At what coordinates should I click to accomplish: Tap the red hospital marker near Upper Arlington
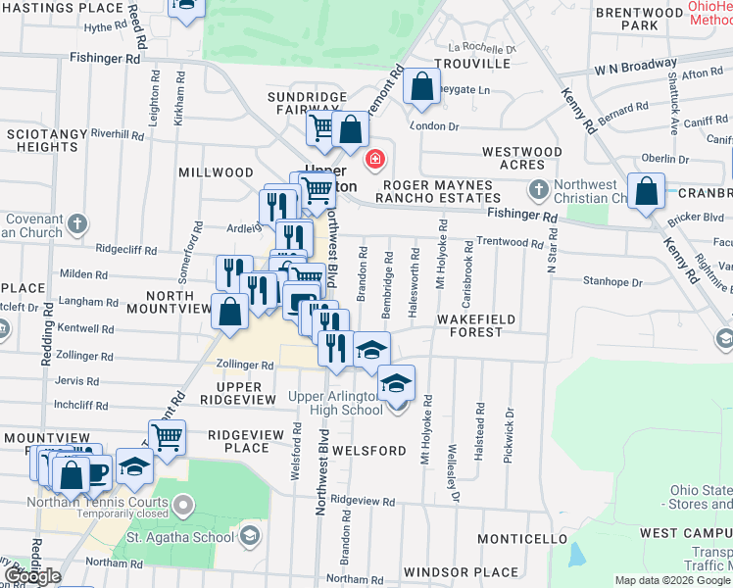point(373,159)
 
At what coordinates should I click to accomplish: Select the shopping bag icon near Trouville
point(421,86)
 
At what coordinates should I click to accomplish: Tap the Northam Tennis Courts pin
point(183,504)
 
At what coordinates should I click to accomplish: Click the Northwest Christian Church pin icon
point(536,188)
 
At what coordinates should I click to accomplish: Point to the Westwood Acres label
point(522,158)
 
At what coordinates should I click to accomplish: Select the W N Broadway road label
point(636,68)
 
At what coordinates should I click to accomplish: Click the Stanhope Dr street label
point(611,282)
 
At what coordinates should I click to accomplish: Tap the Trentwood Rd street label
point(510,242)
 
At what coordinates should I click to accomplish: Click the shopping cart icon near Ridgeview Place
point(168,436)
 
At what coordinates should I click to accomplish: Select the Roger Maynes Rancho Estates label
point(437,191)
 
